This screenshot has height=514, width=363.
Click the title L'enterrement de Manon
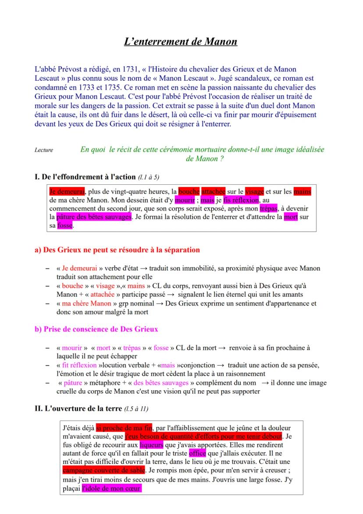[181, 42]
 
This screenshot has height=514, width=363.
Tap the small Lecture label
[44, 150]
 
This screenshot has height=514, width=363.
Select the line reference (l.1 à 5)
[149, 177]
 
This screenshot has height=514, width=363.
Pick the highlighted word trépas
[268, 208]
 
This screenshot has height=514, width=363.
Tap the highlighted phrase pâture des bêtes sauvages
[94, 217]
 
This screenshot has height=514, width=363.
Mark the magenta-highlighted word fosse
[65, 226]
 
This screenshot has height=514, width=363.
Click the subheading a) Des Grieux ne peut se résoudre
[117, 250]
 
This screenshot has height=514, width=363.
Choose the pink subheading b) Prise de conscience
[96, 329]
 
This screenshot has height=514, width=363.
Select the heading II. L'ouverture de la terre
[78, 409]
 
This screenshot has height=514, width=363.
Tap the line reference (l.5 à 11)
[136, 409]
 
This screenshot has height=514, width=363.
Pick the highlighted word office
[197, 453]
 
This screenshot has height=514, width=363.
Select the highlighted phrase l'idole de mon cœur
[111, 489]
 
